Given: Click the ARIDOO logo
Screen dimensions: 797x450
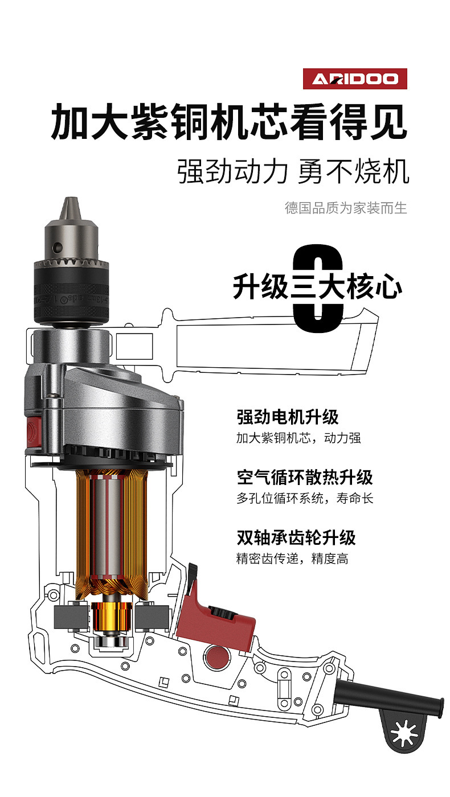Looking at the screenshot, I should pos(355,79).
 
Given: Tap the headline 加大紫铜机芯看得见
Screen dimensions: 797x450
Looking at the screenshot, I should pos(229,121).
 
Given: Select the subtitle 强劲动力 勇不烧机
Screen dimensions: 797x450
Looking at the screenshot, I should pos(293,171).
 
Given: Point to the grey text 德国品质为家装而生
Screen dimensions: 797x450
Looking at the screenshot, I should pos(346,207).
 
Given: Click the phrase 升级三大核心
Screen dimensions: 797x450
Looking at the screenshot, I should pos(317,287).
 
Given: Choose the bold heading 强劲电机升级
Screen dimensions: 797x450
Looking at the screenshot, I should pos(288,417).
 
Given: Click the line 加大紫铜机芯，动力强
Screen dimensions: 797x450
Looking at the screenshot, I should pos(298,438).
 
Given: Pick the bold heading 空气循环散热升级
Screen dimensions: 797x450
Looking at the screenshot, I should pos(305,477).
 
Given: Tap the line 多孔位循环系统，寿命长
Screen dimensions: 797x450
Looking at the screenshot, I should pos(305,498).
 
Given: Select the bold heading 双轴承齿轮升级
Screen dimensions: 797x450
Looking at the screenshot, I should pos(296,537).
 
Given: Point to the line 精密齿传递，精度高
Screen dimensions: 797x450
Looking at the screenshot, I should pos(292,558).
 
